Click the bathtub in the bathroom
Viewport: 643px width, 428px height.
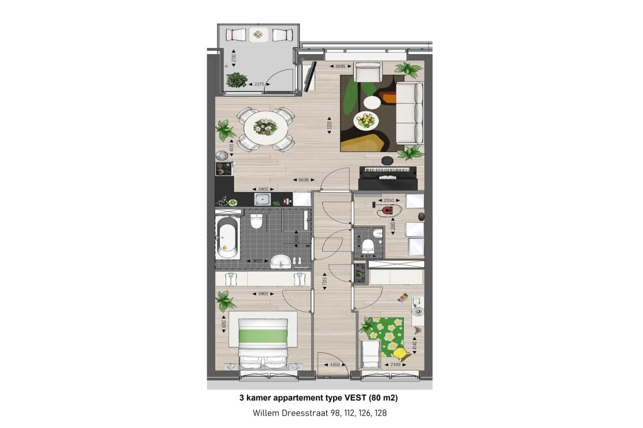pyautogui.click(x=227, y=238)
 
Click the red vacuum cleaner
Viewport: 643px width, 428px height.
pyautogui.click(x=387, y=211)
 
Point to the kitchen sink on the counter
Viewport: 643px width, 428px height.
pyautogui.click(x=262, y=199)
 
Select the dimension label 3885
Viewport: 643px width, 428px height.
pyautogui.click(x=337, y=66)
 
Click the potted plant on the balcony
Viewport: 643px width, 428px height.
pyautogui.click(x=236, y=80)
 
